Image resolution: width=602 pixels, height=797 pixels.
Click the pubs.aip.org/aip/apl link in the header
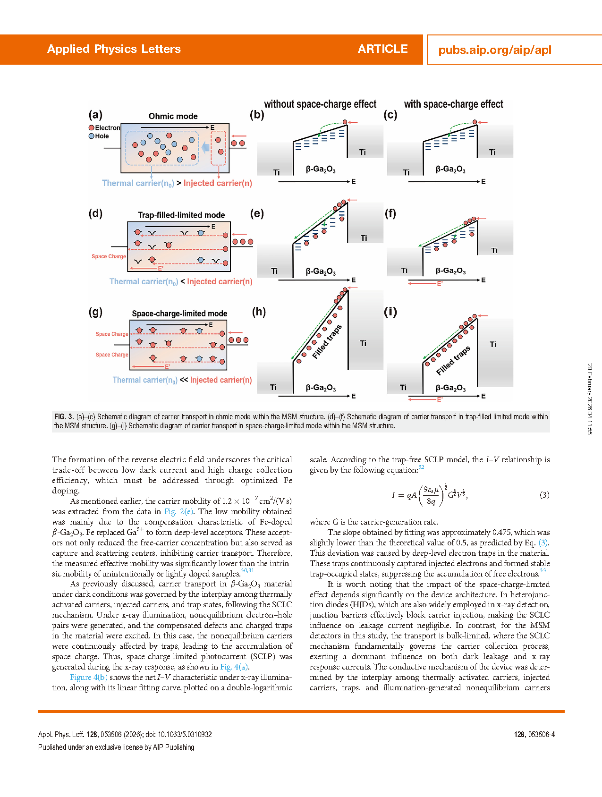[x=494, y=50]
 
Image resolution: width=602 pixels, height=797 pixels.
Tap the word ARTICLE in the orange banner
[x=382, y=49]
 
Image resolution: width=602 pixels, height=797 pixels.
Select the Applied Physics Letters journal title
[x=114, y=49]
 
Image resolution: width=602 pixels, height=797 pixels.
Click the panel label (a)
[x=95, y=115]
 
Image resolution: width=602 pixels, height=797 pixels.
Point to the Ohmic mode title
[x=173, y=116]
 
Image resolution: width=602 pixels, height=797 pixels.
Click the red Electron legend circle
[x=92, y=127]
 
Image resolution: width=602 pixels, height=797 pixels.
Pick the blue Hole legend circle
[x=92, y=136]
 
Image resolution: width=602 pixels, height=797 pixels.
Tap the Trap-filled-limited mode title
[x=181, y=215]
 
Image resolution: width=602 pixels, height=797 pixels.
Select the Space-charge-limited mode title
[x=179, y=314]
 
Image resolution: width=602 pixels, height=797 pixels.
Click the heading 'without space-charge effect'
[x=320, y=104]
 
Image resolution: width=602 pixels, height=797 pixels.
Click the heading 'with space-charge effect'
[x=453, y=104]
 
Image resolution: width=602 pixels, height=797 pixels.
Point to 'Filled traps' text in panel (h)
[x=327, y=341]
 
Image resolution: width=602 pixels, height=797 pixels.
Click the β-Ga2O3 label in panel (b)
[x=321, y=169]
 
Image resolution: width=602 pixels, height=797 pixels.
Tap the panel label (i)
[x=390, y=312]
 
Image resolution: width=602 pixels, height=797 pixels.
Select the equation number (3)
[x=544, y=495]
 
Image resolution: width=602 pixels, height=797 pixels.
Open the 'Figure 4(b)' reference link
[x=89, y=677]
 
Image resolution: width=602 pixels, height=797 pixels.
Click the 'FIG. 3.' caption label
[x=64, y=417]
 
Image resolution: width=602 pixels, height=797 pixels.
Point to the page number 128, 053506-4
[x=534, y=734]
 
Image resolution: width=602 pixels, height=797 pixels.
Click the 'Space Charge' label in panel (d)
[x=109, y=256]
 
